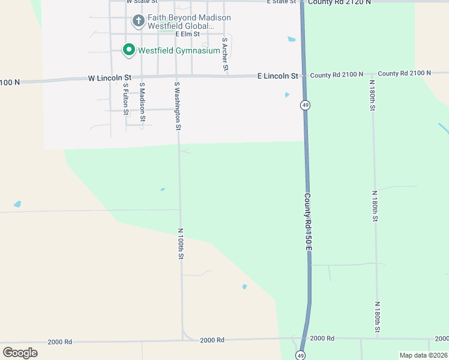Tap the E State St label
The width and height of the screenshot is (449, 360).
(x=282, y=2)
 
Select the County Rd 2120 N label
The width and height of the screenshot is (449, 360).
(x=339, y=2)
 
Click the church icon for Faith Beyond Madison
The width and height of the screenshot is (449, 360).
(x=138, y=22)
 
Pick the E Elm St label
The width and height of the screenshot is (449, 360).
(x=188, y=34)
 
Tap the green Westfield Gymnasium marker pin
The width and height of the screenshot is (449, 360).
(x=128, y=50)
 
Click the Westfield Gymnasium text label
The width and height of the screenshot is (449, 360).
(x=179, y=50)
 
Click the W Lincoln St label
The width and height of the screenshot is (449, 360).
(x=109, y=78)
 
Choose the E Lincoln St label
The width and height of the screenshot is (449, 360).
(x=277, y=76)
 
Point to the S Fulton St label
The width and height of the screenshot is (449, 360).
(x=125, y=98)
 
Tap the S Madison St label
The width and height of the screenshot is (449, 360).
(x=142, y=101)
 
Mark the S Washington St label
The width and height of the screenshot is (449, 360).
(x=177, y=106)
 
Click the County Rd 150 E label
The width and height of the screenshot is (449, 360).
(x=308, y=221)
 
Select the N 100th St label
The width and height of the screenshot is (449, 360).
(x=180, y=243)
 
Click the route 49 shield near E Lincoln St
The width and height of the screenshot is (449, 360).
(x=306, y=106)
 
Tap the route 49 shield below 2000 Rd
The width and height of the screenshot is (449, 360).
(x=300, y=355)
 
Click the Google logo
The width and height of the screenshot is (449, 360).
(x=20, y=353)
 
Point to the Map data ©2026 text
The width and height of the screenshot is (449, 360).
(x=423, y=355)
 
